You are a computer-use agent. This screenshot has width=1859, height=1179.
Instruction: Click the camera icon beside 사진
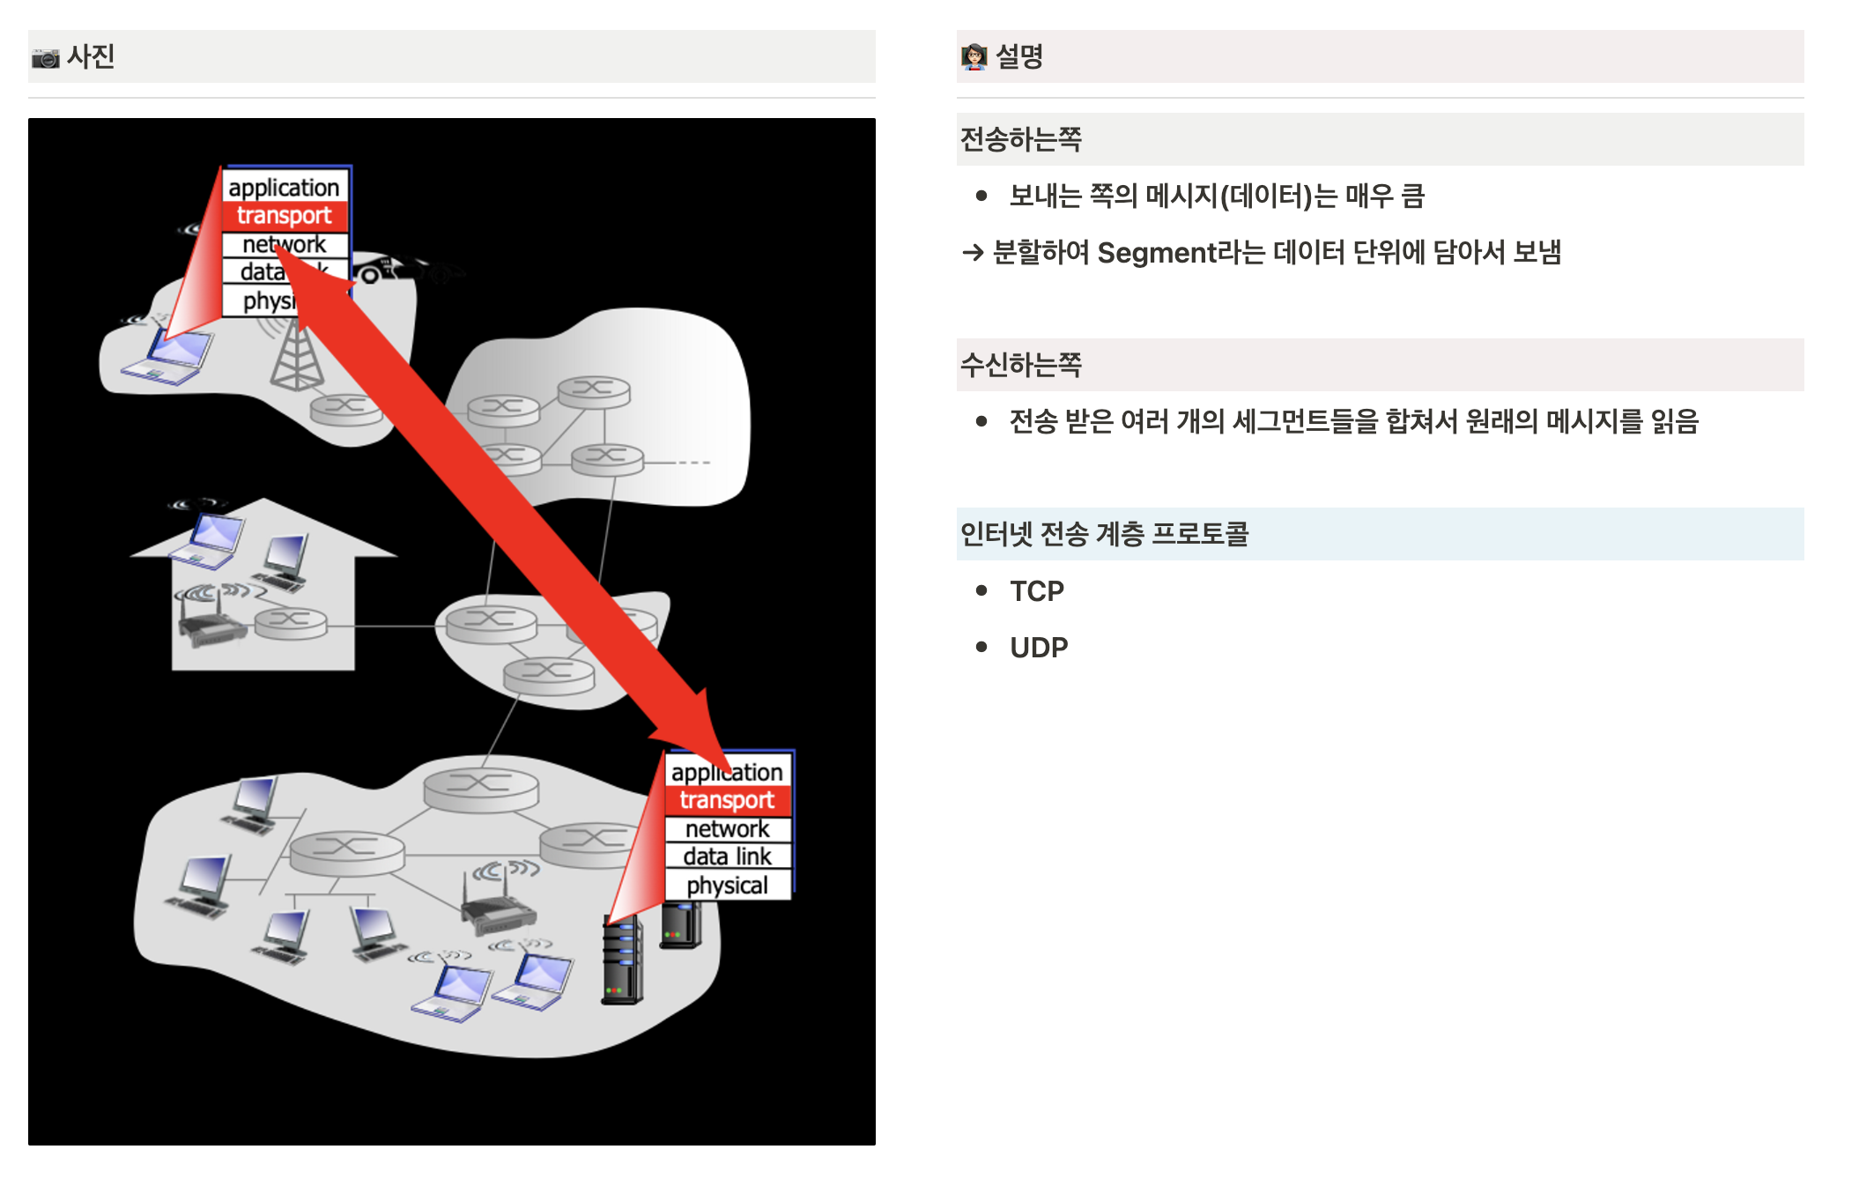tap(46, 58)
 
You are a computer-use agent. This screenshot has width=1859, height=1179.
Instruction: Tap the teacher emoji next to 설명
tap(974, 57)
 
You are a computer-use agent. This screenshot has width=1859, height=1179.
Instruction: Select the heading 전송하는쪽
tap(1021, 139)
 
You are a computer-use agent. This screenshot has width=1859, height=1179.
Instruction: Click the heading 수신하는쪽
tap(1021, 365)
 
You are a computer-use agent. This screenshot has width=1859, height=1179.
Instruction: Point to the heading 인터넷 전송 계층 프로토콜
tap(1104, 534)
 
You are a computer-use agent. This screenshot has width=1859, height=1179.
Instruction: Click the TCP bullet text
tap(1037, 591)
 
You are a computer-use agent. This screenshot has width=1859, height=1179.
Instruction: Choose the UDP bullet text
tap(1039, 648)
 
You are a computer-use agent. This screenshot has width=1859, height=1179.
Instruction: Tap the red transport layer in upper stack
tap(284, 216)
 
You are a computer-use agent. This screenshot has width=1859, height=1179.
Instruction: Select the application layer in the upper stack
tap(284, 188)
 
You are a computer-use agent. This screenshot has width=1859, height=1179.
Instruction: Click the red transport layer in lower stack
tap(727, 800)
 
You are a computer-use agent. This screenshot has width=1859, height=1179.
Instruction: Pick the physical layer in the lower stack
tap(727, 885)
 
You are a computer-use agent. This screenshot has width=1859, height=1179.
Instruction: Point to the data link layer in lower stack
tap(727, 856)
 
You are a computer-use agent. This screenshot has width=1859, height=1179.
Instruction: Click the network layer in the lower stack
tap(727, 829)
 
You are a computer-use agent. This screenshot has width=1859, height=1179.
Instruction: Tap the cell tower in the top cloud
tap(296, 357)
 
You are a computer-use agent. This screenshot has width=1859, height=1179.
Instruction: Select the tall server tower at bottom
tap(622, 960)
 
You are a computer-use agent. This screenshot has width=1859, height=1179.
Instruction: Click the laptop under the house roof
tap(210, 539)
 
